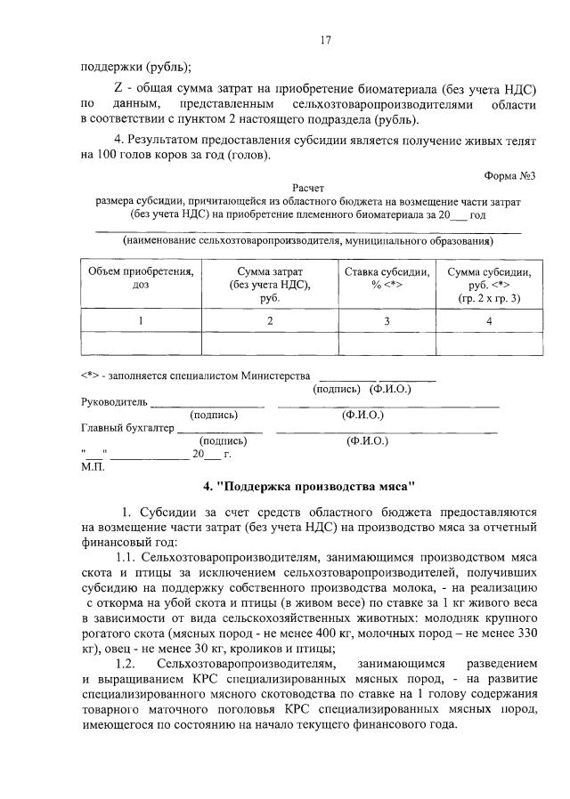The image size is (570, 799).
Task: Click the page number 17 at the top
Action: [326, 39]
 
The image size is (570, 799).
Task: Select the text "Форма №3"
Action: [510, 174]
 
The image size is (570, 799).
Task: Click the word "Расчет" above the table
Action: [308, 189]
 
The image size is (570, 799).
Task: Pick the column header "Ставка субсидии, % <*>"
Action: [387, 278]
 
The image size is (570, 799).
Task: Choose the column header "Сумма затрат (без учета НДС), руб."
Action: [269, 285]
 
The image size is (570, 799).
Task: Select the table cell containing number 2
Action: [269, 320]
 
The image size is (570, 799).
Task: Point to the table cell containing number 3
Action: [387, 320]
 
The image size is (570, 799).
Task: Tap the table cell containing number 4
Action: [489, 320]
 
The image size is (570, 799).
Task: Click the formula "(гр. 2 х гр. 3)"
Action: [489, 298]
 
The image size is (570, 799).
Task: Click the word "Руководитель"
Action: [114, 401]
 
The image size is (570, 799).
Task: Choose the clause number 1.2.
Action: [128, 664]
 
